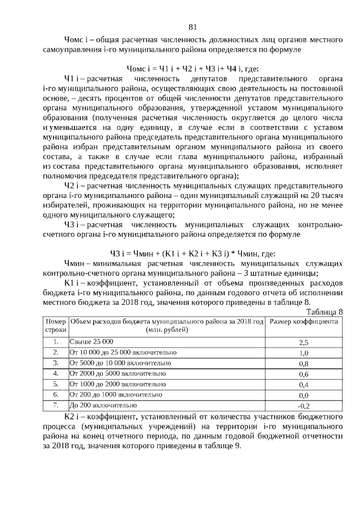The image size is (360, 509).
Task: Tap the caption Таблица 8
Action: click(x=324, y=312)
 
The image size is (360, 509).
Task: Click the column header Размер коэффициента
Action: click(x=304, y=322)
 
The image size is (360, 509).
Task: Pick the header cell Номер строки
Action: click(x=56, y=326)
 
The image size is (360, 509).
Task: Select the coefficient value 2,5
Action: click(x=304, y=342)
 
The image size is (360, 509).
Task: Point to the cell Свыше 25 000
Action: click(x=91, y=342)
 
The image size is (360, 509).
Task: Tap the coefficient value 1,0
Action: click(x=304, y=353)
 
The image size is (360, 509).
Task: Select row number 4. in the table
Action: click(x=56, y=373)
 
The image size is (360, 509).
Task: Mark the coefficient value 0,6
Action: click(x=304, y=374)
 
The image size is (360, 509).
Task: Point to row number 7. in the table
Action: click(x=56, y=405)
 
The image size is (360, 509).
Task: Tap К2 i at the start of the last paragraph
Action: click(x=73, y=416)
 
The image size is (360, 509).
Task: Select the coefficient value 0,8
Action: click(x=304, y=363)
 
